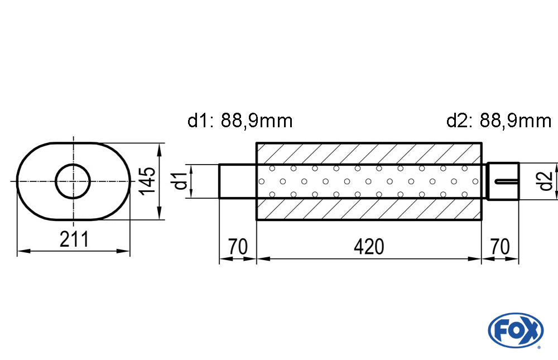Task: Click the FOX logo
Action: click(516, 330)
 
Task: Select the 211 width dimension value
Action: click(74, 239)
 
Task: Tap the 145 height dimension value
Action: click(147, 181)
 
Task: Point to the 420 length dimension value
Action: click(369, 246)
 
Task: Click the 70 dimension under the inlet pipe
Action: click(238, 246)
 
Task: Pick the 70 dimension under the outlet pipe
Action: click(500, 246)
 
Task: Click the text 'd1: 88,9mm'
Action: click(240, 121)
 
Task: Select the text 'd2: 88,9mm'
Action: click(499, 121)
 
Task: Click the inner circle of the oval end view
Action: click(73, 181)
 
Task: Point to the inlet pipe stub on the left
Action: click(237, 181)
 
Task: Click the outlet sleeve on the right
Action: click(503, 181)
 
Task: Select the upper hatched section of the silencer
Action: click(369, 153)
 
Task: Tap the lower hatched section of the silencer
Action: click(369, 209)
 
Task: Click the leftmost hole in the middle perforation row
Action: click(262, 181)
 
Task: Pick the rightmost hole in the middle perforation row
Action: click(475, 181)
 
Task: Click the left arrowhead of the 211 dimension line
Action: click(23, 251)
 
